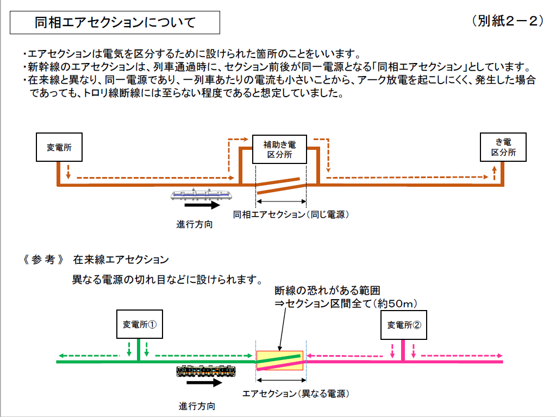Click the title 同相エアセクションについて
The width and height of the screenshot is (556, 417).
click(x=115, y=23)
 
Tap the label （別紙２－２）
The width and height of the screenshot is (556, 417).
click(x=508, y=21)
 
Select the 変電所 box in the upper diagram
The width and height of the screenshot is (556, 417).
click(x=59, y=147)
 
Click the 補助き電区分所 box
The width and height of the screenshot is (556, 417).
click(x=279, y=149)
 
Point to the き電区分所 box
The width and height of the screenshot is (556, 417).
click(x=503, y=147)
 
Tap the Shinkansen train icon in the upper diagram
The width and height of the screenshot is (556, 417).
click(x=202, y=195)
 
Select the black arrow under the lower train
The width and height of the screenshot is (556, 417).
click(x=204, y=383)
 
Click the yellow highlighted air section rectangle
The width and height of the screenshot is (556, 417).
click(x=279, y=361)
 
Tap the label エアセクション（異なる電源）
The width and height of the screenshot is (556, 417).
click(x=295, y=393)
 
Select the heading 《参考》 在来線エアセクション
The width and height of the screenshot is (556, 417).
click(x=96, y=260)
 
